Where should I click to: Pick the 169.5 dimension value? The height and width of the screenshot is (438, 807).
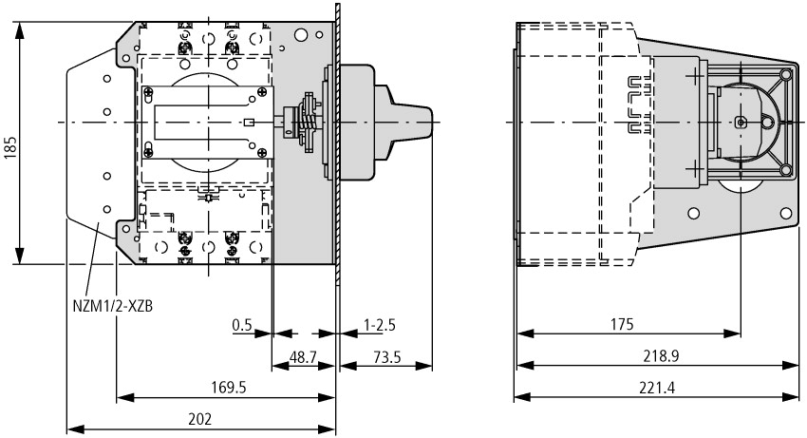225,387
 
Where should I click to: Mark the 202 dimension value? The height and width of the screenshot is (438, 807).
199,418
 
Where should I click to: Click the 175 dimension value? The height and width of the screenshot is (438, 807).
621,324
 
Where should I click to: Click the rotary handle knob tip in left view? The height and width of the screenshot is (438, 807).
428,123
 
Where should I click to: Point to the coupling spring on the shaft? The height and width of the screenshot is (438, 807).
308,123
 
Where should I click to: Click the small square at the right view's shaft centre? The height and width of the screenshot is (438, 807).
741,122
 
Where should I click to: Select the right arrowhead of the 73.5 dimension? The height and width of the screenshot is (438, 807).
428,364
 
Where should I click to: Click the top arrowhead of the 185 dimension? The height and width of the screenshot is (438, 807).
20,25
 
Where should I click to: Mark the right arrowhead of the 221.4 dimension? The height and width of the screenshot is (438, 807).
796,397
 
